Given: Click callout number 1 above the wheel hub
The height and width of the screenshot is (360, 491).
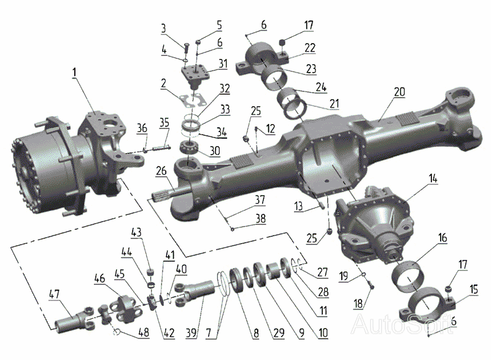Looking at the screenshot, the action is pyautogui.click(x=74, y=72).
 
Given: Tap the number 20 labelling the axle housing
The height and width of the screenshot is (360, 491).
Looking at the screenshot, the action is pyautogui.click(x=400, y=92).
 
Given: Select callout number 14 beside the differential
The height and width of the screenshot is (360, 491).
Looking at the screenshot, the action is pyautogui.click(x=433, y=179).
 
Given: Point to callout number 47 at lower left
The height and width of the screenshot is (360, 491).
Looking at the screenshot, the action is pyautogui.click(x=54, y=294).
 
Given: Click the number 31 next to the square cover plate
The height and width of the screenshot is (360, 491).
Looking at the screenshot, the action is pyautogui.click(x=223, y=64).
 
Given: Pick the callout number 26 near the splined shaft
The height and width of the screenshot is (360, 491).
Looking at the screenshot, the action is pyautogui.click(x=161, y=171).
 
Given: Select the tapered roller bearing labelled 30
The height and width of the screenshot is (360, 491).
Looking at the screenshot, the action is pyautogui.click(x=188, y=147).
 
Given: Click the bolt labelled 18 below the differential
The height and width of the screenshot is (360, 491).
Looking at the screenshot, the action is pyautogui.click(x=371, y=286).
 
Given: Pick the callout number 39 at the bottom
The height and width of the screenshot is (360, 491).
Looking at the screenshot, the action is pyautogui.click(x=191, y=332).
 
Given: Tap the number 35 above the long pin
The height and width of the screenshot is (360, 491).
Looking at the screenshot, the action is pyautogui.click(x=164, y=122).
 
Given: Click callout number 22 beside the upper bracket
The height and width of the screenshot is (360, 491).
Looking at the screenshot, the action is pyautogui.click(x=310, y=48).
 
